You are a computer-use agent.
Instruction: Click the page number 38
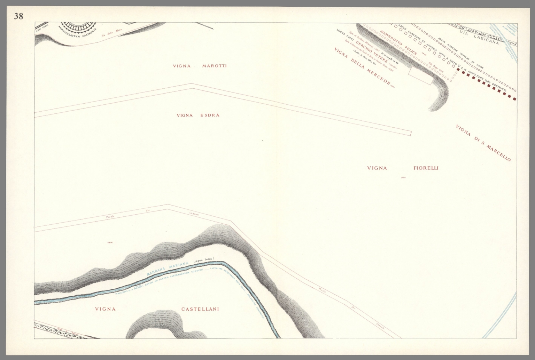click(x=18, y=16)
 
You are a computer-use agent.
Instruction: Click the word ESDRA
click(x=210, y=115)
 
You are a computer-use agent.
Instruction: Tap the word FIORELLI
click(x=426, y=168)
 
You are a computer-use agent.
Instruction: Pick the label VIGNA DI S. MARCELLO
click(x=483, y=143)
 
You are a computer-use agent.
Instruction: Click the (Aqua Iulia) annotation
click(x=204, y=259)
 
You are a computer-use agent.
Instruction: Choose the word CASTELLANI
click(x=200, y=309)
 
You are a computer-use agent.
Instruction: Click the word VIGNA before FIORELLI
click(x=377, y=168)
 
